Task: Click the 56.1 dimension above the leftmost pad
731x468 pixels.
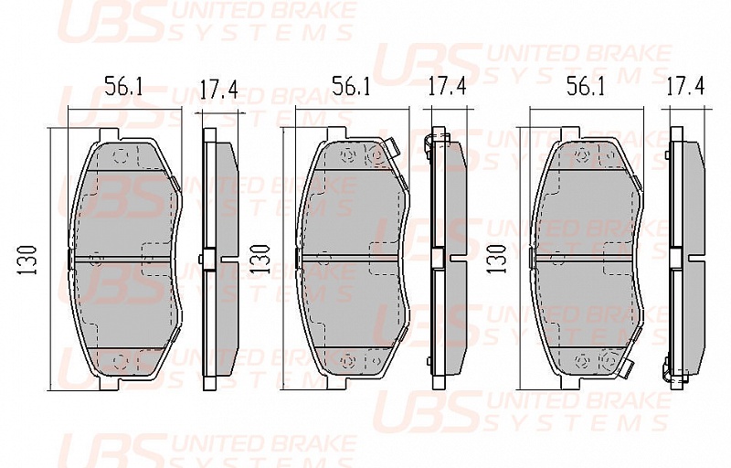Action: (123, 87)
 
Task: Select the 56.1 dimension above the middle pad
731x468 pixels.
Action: (351, 87)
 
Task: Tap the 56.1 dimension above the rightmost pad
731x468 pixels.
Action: (585, 87)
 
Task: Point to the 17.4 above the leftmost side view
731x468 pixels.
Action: (218, 90)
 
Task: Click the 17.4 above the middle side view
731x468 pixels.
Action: (447, 87)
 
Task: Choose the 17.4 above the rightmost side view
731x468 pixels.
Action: (684, 87)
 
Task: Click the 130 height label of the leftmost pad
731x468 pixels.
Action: (27, 260)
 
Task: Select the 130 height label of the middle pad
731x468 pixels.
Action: (260, 259)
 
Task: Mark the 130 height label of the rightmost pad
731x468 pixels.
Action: (497, 259)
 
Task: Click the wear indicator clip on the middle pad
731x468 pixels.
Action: (391, 149)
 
